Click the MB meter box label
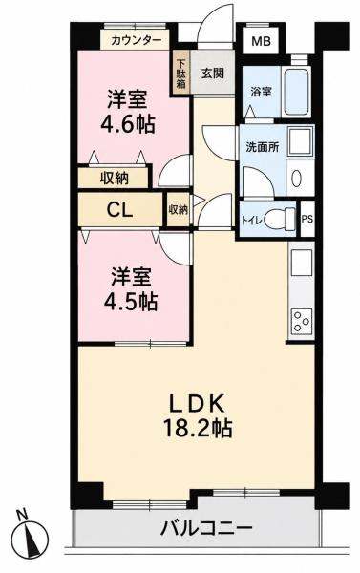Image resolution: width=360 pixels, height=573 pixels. pyautogui.click(x=261, y=41)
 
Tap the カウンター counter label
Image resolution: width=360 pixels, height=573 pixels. pyautogui.click(x=136, y=40)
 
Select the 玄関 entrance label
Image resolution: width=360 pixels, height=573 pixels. pyautogui.click(x=213, y=74)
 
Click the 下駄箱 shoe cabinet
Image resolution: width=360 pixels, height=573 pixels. pyautogui.click(x=181, y=74)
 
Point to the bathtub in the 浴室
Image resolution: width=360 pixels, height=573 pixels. pyautogui.click(x=298, y=91)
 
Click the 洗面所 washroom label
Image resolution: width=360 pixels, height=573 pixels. pyautogui.click(x=263, y=147)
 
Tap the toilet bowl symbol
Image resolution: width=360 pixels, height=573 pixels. pyautogui.click(x=280, y=219)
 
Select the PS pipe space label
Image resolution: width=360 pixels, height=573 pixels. pyautogui.click(x=307, y=219)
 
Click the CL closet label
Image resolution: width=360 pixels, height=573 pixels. pyautogui.click(x=119, y=210)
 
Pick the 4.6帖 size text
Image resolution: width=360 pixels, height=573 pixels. pyautogui.click(x=128, y=124)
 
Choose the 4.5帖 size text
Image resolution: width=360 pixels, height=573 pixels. pyautogui.click(x=131, y=301)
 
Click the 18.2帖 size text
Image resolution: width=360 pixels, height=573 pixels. pyautogui.click(x=198, y=428)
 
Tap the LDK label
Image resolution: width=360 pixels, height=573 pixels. pyautogui.click(x=196, y=403)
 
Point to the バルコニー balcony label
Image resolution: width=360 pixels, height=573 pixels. pyautogui.click(x=207, y=528)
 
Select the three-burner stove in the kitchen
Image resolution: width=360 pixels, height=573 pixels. pyautogui.click(x=302, y=321)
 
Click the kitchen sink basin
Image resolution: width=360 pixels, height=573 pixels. pyautogui.click(x=302, y=265)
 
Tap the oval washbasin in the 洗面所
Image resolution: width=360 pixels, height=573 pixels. pyautogui.click(x=296, y=178)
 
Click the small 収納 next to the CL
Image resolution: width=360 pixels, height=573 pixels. pyautogui.click(x=178, y=210)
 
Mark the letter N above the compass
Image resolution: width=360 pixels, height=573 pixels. pyautogui.click(x=23, y=515)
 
